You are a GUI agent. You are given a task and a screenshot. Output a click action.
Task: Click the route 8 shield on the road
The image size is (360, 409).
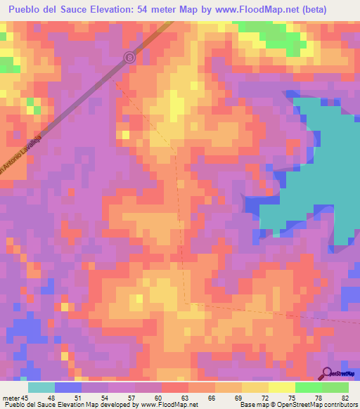129,58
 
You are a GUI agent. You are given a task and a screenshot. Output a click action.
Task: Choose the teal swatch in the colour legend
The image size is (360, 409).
41,387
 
